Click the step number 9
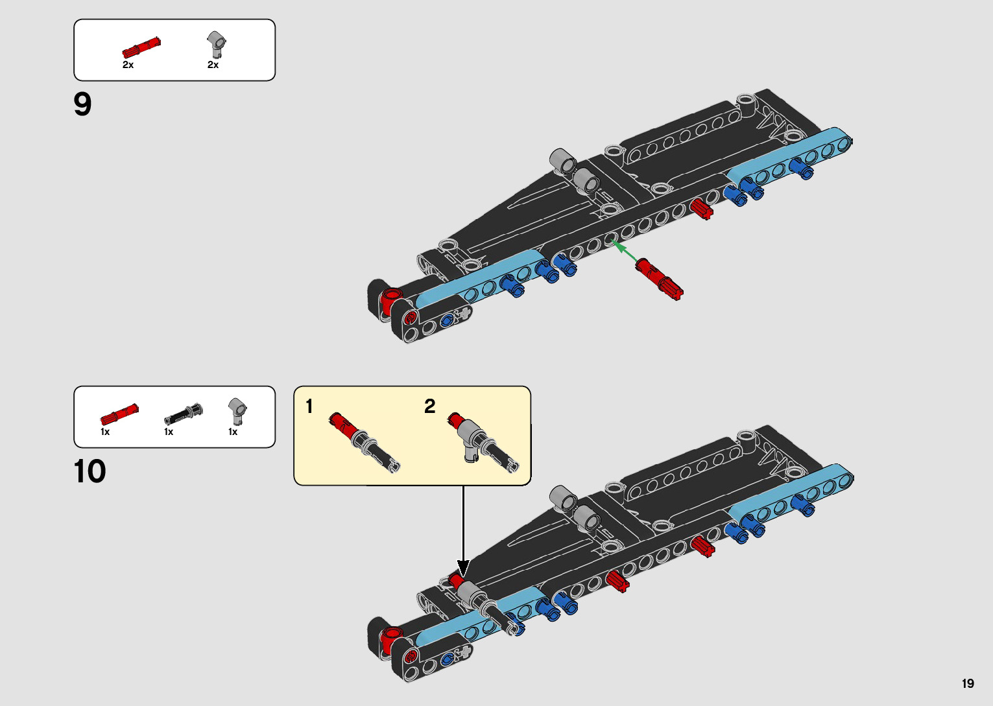pyautogui.click(x=83, y=104)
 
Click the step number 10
pyautogui.click(x=90, y=472)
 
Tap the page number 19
pyautogui.click(x=968, y=683)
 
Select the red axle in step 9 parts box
pyautogui.click(x=141, y=48)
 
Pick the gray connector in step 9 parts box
pyautogui.click(x=217, y=45)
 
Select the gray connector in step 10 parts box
pyautogui.click(x=237, y=410)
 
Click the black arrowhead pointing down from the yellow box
pyautogui.click(x=463, y=569)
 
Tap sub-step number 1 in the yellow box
pyautogui.click(x=309, y=406)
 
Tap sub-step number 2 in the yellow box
pyautogui.click(x=429, y=406)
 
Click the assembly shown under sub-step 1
pyautogui.click(x=364, y=441)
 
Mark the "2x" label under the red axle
pyautogui.click(x=128, y=65)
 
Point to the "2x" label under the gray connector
pyautogui.click(x=213, y=65)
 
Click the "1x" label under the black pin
pyautogui.click(x=169, y=432)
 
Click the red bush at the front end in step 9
pyautogui.click(x=391, y=299)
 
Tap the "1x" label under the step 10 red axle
pyautogui.click(x=105, y=432)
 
